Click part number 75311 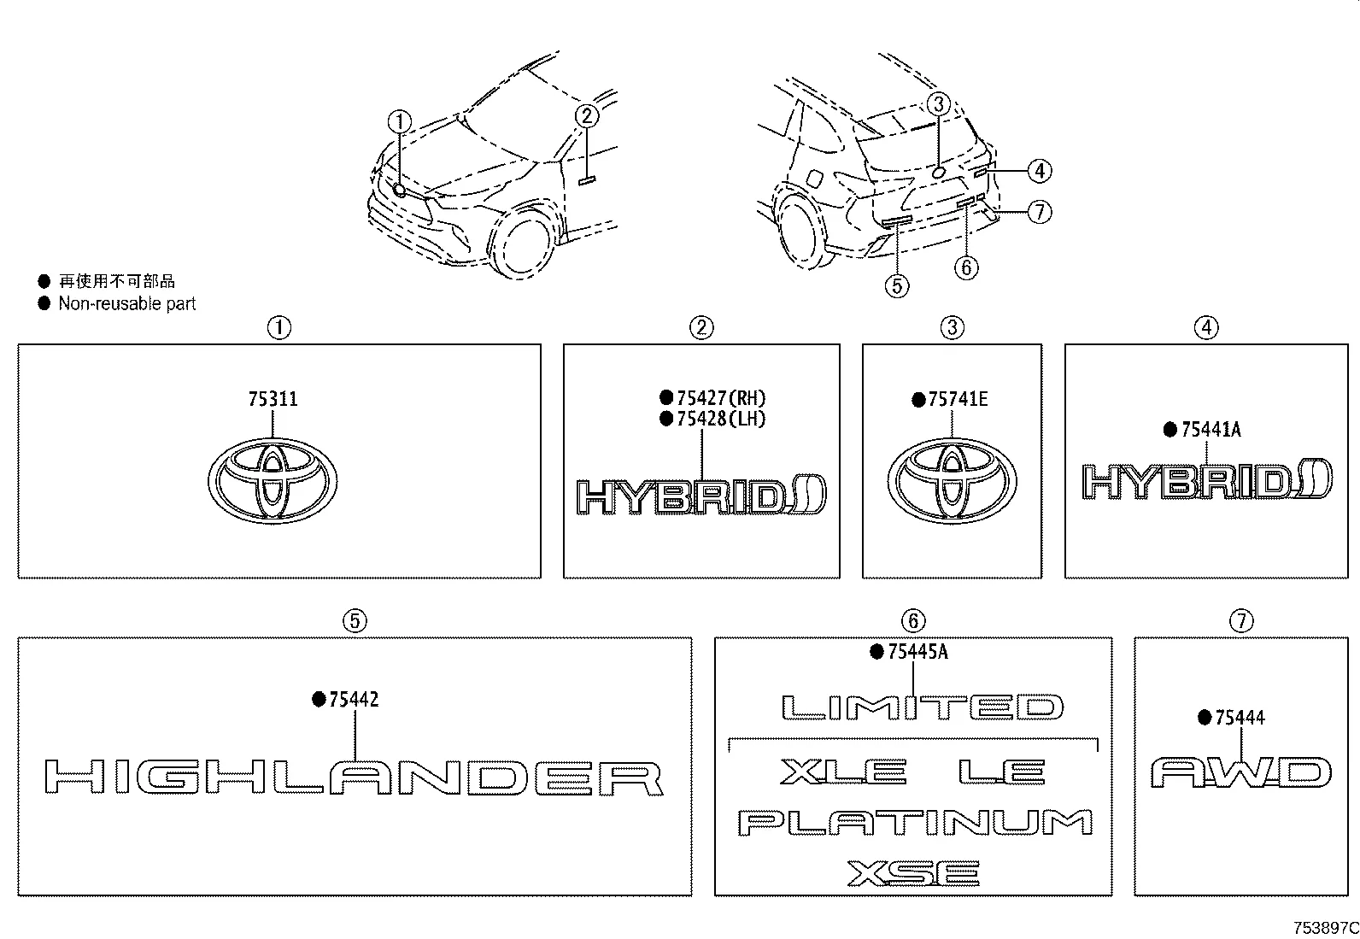273,399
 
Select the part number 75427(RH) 721,398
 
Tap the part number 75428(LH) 721,419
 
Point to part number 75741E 958,399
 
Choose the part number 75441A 1211,430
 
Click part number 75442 354,699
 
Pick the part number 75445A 917,651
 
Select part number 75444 1240,718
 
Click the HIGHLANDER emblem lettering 354,778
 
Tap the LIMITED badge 923,707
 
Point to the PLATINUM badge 915,823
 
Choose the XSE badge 913,873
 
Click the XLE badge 843,772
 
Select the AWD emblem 1241,772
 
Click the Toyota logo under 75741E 952,481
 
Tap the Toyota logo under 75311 272,480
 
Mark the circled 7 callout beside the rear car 1040,212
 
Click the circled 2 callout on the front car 587,115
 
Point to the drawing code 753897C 1326,928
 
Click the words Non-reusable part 127,303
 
